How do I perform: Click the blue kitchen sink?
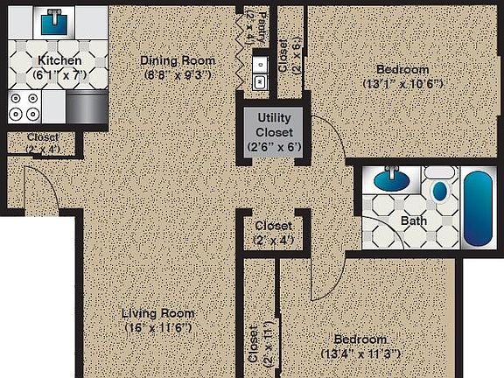pos(55,20)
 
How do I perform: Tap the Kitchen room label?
pos(59,60)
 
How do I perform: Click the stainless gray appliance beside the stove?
pos(86,107)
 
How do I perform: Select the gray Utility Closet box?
pos(273,132)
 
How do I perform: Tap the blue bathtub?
pos(478,208)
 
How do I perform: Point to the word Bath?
pos(413,220)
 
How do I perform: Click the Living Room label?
pos(157,312)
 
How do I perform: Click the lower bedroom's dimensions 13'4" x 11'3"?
pos(360,353)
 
